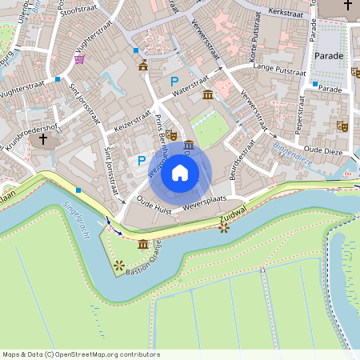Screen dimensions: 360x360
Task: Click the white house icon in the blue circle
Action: (180, 173)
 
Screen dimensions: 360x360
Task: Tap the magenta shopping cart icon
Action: (79, 58)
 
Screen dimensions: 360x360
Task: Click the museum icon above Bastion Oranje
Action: (143, 244)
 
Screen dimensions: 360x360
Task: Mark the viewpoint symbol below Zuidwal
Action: (223, 228)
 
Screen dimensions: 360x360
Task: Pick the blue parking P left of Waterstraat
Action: (174, 81)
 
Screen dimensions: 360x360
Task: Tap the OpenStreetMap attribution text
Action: (81, 354)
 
